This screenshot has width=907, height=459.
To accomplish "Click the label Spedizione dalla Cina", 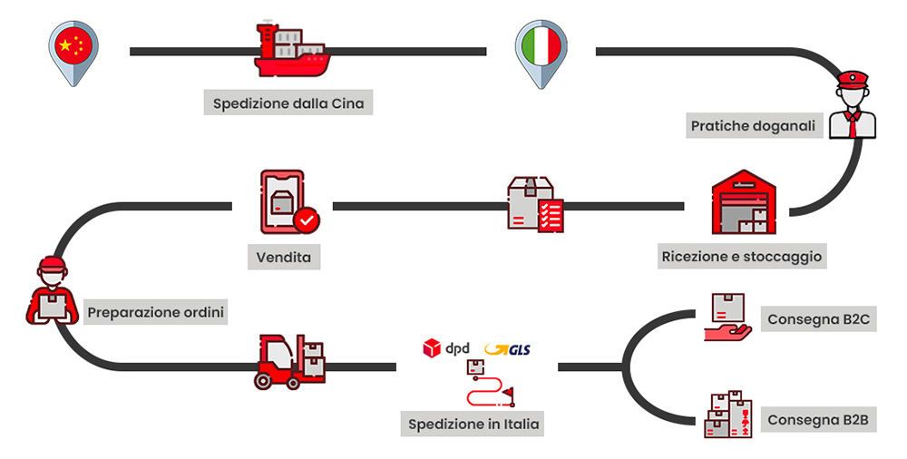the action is [x=288, y=103].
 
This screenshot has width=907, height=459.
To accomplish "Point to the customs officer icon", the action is [x=853, y=104].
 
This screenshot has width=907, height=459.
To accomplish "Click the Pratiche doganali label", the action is [x=753, y=125].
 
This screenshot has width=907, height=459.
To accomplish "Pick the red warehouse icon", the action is [x=744, y=202].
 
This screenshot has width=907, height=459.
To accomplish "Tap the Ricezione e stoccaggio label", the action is [x=742, y=257].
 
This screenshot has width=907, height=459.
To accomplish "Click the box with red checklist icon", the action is [x=535, y=204].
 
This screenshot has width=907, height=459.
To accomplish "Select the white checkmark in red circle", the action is [x=307, y=220].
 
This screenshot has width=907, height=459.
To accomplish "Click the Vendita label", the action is [x=283, y=257].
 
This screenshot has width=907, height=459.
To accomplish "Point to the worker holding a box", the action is [x=52, y=290].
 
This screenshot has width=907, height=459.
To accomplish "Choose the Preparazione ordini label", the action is [x=156, y=313].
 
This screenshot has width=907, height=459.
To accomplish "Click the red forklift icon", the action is [x=290, y=361].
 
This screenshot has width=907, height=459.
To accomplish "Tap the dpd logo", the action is [x=445, y=348].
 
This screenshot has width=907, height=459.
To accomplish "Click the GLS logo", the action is [x=507, y=349].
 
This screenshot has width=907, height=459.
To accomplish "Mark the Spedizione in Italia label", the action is [x=473, y=424].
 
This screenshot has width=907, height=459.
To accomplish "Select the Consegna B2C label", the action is [x=818, y=319].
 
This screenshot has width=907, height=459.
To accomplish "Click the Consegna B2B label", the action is [x=818, y=420].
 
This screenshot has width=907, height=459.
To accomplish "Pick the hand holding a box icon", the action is [x=727, y=317].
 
